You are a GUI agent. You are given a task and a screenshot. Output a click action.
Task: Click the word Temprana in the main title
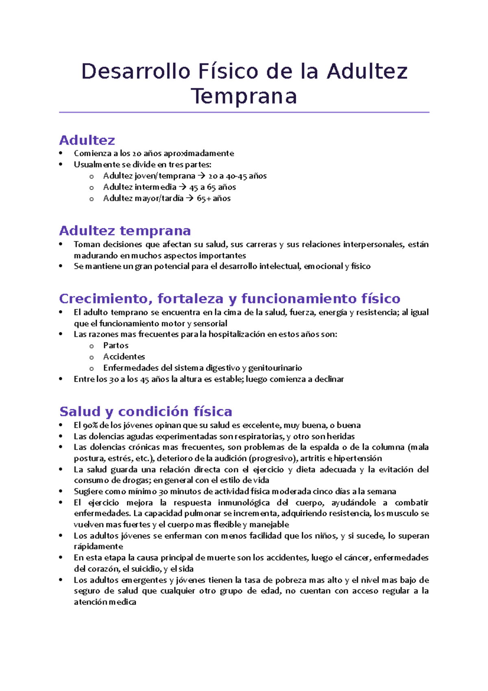tap(244, 97)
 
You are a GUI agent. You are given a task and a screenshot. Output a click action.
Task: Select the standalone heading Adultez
tap(87, 140)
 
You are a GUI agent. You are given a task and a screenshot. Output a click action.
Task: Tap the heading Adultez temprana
tap(125, 231)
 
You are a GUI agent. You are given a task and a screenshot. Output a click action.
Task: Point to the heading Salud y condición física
tap(146, 411)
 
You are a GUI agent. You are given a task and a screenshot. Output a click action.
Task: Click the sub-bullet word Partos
tap(115, 345)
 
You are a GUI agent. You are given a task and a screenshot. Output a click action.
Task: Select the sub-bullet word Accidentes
tap(124, 357)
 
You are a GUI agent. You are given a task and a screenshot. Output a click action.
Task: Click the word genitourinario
tap(275, 368)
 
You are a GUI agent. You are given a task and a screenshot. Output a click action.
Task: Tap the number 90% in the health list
tap(90, 425)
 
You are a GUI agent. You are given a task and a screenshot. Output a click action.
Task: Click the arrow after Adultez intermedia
tap(182, 187)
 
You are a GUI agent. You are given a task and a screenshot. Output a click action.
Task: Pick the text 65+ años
tap(213, 199)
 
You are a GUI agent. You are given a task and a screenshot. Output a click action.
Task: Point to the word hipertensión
tap(358, 459)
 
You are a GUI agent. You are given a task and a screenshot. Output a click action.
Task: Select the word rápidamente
tap(98, 547)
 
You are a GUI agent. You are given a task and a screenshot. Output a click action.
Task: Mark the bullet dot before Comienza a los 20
tap(61, 153)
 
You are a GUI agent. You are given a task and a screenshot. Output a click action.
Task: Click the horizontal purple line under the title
tap(244, 112)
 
